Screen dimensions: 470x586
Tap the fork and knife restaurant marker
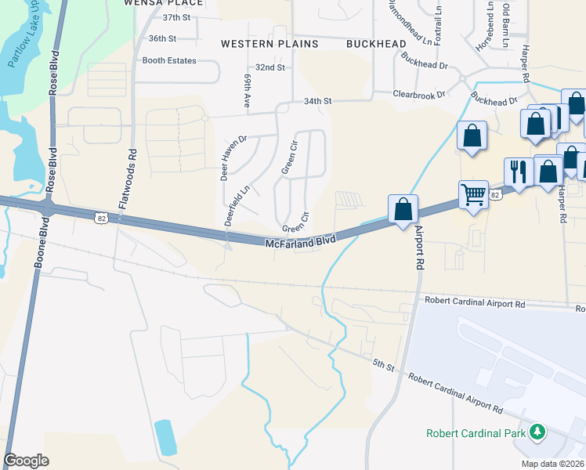click(x=518, y=169)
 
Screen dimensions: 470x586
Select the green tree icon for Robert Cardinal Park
click(x=537, y=432)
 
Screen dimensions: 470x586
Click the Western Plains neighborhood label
click(x=269, y=44)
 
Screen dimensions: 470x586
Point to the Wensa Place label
click(x=164, y=3)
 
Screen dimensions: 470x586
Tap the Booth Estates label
click(x=169, y=60)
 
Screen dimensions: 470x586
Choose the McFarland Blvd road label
click(x=301, y=244)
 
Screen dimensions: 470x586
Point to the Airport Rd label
click(x=419, y=248)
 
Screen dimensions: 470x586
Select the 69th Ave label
click(x=247, y=91)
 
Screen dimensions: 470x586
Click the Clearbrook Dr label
click(x=419, y=94)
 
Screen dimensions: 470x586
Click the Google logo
click(x=27, y=460)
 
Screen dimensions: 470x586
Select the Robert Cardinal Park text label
click(x=476, y=433)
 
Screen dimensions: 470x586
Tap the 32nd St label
click(x=270, y=68)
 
